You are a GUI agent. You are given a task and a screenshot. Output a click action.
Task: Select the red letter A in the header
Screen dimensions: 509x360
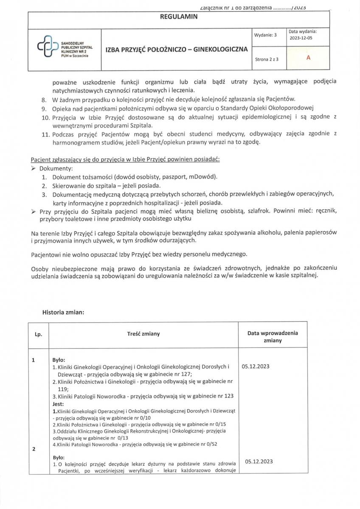click(x=308, y=58)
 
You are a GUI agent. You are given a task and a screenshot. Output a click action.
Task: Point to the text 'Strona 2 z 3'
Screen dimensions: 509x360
click(x=267, y=59)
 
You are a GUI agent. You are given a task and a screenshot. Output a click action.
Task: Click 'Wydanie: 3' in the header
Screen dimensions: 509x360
click(x=266, y=35)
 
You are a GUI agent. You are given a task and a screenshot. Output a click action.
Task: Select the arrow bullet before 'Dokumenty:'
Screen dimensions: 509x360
click(x=34, y=168)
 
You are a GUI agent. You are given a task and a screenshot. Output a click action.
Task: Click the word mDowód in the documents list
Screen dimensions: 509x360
click(x=206, y=176)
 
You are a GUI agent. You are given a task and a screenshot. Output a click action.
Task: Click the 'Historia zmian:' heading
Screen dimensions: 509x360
click(x=63, y=313)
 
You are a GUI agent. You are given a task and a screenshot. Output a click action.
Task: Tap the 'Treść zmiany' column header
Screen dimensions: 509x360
click(x=143, y=334)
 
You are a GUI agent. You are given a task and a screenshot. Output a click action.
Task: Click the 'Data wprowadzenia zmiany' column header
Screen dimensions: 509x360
click(x=273, y=337)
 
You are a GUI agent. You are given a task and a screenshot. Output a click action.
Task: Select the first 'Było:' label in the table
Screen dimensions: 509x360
click(x=58, y=360)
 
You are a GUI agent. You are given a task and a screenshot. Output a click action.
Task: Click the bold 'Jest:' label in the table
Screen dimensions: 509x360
click(x=58, y=404)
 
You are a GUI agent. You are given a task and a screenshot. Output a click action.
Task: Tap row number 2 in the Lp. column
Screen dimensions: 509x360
click(x=33, y=450)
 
